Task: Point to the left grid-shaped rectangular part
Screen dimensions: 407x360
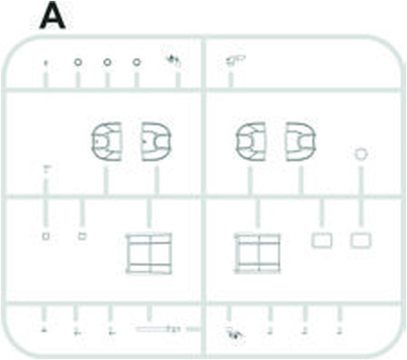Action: (149, 253)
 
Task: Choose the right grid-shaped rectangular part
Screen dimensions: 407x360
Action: (257, 253)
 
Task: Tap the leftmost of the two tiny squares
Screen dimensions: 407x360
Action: (46, 236)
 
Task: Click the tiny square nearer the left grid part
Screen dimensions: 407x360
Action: (82, 236)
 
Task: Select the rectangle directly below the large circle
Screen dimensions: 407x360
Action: (361, 240)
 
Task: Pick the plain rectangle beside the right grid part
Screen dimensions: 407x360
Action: (322, 240)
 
